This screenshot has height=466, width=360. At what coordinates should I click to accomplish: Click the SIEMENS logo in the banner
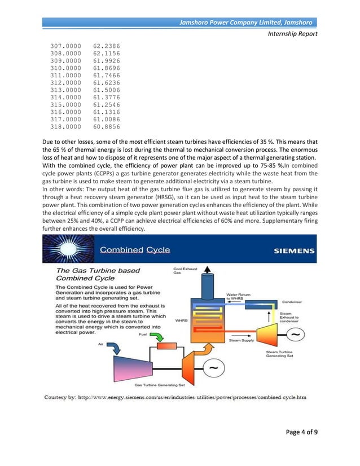(294, 250)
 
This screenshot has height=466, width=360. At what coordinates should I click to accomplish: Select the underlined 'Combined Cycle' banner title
(135, 249)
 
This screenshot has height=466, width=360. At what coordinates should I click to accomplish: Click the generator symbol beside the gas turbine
(212, 370)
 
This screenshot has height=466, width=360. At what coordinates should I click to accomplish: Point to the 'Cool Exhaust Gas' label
(182, 271)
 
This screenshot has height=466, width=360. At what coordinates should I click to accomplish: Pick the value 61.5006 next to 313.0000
(107, 89)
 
